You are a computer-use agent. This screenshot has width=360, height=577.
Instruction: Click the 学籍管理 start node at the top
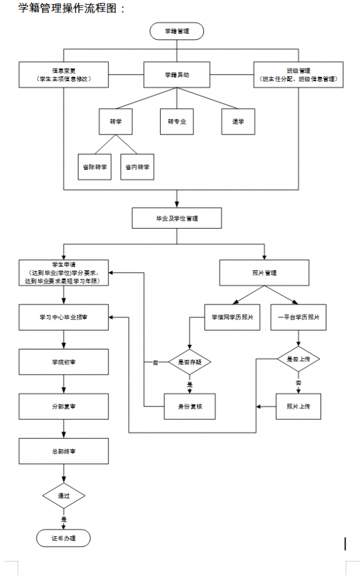point(176,31)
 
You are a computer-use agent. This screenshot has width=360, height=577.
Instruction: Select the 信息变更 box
point(64,74)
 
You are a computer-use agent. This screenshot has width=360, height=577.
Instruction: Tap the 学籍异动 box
point(177,74)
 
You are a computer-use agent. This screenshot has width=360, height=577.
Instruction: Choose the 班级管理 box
point(298,74)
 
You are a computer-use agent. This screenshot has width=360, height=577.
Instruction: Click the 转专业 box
point(177,121)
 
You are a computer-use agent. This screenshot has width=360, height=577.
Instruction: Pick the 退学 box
point(238,121)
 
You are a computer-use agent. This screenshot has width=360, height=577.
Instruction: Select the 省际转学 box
point(95,168)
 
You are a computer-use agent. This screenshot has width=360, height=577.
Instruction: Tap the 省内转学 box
point(137,168)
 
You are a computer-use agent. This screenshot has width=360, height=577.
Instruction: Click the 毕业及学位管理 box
point(177,219)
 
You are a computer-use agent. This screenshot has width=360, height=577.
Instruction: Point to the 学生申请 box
point(64,273)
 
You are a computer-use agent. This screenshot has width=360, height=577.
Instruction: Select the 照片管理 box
point(265,273)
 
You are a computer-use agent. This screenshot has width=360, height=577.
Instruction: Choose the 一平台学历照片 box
point(298,318)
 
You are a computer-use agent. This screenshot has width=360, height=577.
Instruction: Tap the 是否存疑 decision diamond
point(190,361)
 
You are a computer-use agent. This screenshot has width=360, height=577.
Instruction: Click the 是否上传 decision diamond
point(298,358)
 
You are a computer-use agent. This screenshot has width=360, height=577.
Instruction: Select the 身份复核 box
point(190,406)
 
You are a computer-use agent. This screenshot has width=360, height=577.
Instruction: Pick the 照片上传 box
point(298,406)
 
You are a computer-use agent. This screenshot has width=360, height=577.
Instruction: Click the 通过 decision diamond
point(64,496)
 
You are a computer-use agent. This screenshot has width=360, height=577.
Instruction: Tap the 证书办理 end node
point(64,538)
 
